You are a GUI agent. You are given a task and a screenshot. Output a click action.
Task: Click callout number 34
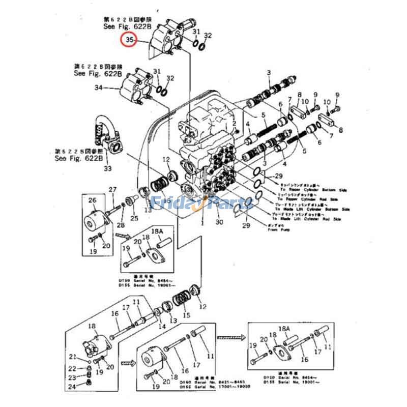pyautogui.click(x=99, y=88)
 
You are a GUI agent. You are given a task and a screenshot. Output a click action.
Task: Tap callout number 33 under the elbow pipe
pyautogui.click(x=107, y=168)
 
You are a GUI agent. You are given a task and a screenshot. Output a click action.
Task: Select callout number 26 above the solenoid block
pyautogui.click(x=93, y=200)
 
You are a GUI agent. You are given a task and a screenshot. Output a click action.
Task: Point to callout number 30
pyautogui.click(x=219, y=222)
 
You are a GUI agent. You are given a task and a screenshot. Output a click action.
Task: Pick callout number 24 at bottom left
pyautogui.click(x=72, y=386)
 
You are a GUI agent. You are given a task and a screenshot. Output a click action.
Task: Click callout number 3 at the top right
pyautogui.click(x=268, y=74)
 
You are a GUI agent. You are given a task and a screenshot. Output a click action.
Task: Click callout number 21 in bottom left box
pyautogui.click(x=72, y=356)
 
